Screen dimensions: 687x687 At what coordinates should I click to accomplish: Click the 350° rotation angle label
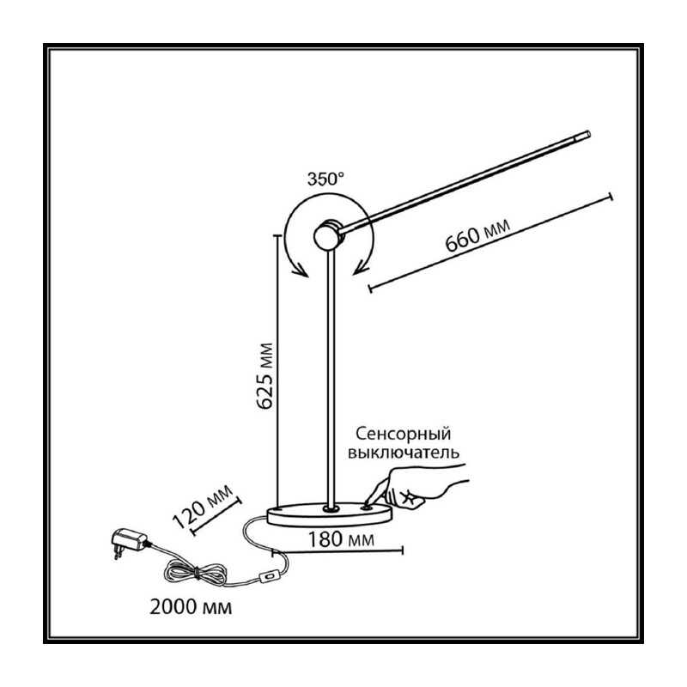pos(325,179)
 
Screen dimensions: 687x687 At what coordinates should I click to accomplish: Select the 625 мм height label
pos(264,376)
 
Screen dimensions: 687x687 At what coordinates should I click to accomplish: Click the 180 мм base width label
pos(341,539)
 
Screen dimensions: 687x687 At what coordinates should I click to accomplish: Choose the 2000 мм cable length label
pos(191,607)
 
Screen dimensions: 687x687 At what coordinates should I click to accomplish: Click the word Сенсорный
pos(403,434)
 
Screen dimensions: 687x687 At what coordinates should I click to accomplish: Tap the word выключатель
pos(404,453)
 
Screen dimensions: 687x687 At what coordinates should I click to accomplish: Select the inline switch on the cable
pos(271,575)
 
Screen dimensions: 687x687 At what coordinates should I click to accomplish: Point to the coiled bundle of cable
pos(196,573)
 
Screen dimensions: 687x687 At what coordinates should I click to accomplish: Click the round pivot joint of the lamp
pos(328,234)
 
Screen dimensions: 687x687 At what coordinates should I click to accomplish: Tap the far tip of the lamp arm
pos(588,135)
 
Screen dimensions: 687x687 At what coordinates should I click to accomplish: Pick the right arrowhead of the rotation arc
pos(360,267)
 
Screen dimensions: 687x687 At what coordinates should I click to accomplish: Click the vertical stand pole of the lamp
pos(331,377)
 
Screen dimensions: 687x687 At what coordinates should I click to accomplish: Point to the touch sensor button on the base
pos(367,508)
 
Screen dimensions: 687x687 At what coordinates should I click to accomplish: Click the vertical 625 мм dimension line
pos(277,371)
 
